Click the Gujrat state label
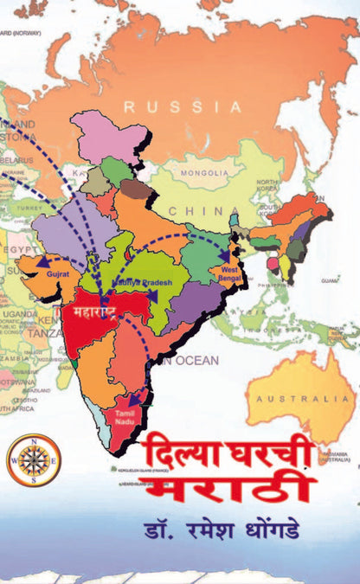pyautogui.click(x=56, y=272)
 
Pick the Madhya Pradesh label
pyautogui.click(x=142, y=284)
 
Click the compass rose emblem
pyautogui.click(x=34, y=459)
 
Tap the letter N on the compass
pyautogui.click(x=34, y=440)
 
